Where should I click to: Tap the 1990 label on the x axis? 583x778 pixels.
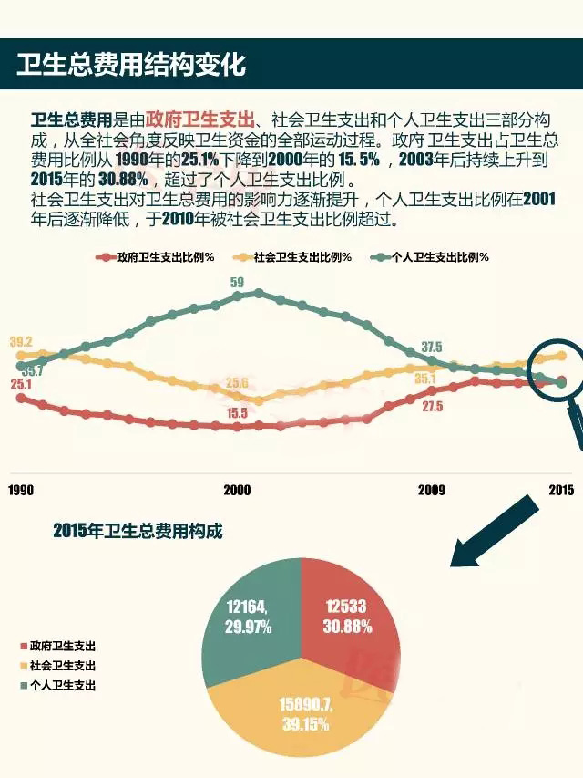21,490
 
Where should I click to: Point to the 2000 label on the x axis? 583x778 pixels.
237,490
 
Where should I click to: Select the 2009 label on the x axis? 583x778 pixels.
432,490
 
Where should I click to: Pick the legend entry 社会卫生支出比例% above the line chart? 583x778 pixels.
297,257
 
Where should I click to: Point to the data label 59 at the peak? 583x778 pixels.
237,282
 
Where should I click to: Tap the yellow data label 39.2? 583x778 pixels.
21,342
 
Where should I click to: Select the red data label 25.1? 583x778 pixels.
21,385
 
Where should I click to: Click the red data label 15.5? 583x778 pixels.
237,412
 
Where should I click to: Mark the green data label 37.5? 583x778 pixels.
432,347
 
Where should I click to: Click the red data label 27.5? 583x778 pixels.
432,407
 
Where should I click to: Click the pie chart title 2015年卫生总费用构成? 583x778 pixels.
137,531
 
